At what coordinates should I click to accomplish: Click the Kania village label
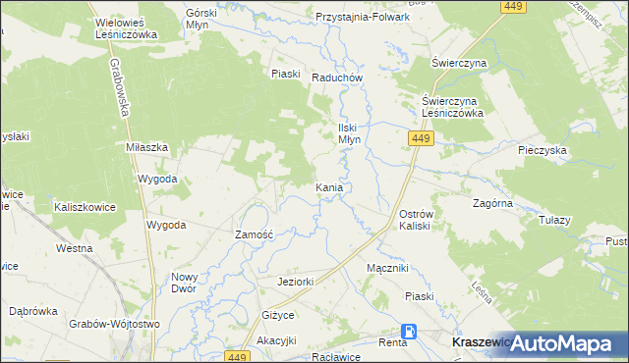click(328, 186)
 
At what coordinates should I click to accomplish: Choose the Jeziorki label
click(295, 282)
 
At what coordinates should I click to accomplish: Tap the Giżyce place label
click(278, 315)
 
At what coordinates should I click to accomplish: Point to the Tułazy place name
click(554, 220)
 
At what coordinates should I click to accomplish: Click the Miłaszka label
click(147, 146)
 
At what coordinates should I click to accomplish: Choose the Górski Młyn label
click(208, 20)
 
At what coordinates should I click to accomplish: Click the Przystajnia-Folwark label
click(362, 17)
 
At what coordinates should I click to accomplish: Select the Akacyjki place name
click(276, 340)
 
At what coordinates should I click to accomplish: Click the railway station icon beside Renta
click(408, 333)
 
